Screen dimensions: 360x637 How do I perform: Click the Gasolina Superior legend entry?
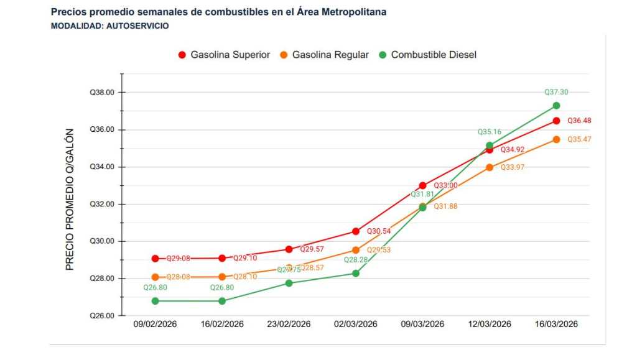(x=224, y=55)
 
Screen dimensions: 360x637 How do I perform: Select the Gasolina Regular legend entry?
(x=324, y=55)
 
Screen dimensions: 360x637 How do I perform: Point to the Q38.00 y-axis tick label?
(x=102, y=93)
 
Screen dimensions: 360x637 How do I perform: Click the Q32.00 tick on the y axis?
(x=102, y=204)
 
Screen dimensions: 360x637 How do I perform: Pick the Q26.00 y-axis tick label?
(x=102, y=316)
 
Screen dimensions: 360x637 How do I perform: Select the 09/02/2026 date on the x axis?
(x=155, y=325)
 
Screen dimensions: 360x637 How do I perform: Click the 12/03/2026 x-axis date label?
(x=490, y=325)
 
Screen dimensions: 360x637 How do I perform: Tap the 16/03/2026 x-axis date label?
(x=556, y=325)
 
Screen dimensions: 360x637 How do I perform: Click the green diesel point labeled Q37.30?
(x=556, y=106)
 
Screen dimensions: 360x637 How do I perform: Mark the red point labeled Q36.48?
(x=556, y=121)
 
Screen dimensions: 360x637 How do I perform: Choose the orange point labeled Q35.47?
(x=556, y=139)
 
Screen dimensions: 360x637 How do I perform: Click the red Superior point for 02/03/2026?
(x=356, y=231)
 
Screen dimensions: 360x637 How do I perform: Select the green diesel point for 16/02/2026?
(x=222, y=301)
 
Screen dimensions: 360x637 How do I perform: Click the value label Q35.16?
(x=489, y=132)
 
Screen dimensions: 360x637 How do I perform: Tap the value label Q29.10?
(x=245, y=258)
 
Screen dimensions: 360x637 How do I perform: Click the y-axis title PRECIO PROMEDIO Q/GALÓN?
(x=70, y=199)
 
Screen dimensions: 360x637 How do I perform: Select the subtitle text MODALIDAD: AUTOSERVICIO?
(x=109, y=26)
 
